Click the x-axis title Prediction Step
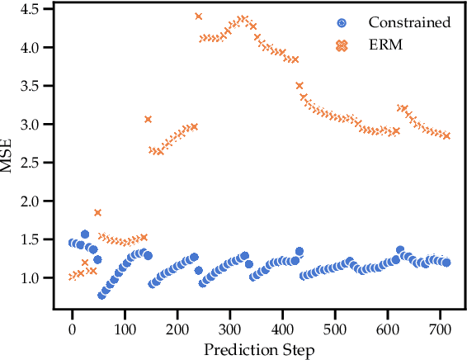(x=259, y=351)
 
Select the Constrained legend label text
(x=409, y=22)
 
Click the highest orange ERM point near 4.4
(x=199, y=17)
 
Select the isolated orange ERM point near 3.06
(x=148, y=120)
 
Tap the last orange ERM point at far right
(x=446, y=135)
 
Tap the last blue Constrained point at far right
(x=446, y=263)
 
